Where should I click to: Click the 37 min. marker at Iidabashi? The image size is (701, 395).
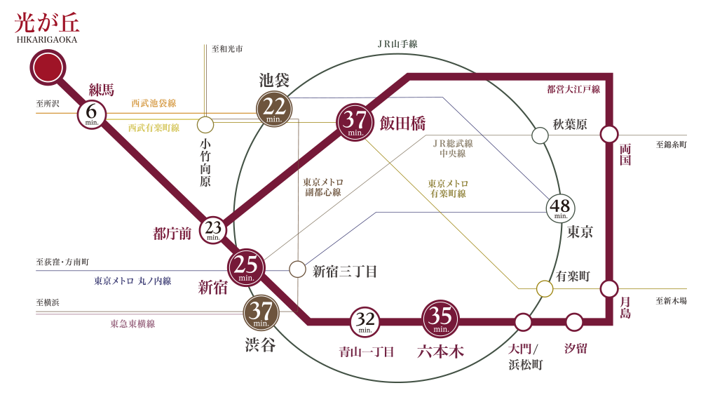pyautogui.click(x=355, y=121)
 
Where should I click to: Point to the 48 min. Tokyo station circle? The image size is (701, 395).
pyautogui.click(x=561, y=208)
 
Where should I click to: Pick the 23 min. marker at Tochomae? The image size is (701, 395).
pyautogui.click(x=214, y=229)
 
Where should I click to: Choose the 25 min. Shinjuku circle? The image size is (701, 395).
pyautogui.click(x=246, y=267)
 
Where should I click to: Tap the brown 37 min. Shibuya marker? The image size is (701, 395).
pyautogui.click(x=260, y=313)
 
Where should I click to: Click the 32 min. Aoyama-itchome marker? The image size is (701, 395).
pyautogui.click(x=365, y=323)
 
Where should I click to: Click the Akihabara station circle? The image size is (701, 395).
pyautogui.click(x=540, y=135)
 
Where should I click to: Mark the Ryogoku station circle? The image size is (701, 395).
pyautogui.click(x=609, y=134)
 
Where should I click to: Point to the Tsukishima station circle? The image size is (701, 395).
pyautogui.click(x=609, y=288)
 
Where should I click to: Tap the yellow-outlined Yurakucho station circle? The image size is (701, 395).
pyautogui.click(x=544, y=288)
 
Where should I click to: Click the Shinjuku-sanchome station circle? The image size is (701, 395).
pyautogui.click(x=297, y=269)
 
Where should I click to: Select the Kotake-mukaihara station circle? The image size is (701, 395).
pyautogui.click(x=205, y=125)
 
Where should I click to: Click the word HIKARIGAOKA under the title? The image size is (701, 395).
pyautogui.click(x=47, y=40)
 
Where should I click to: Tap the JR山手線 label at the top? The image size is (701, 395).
pyautogui.click(x=397, y=44)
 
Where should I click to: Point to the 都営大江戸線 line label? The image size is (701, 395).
pyautogui.click(x=573, y=89)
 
